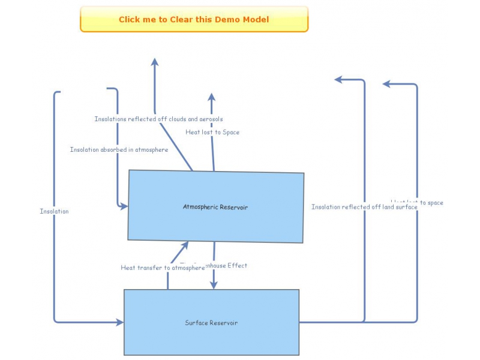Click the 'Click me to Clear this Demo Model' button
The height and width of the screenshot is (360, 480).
[x=194, y=19]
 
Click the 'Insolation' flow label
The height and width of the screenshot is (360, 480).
[x=54, y=211]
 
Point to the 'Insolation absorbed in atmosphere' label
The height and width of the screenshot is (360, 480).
[x=119, y=149]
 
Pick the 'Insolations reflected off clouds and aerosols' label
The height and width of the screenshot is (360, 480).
[x=158, y=119]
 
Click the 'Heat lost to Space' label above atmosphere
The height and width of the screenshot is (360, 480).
[x=212, y=132]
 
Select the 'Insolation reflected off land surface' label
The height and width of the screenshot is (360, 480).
[x=364, y=207]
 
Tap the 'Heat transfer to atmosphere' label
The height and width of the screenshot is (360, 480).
[x=163, y=268]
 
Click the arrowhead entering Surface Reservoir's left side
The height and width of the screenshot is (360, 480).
[x=119, y=322]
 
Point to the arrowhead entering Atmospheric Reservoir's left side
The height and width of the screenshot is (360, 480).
[x=124, y=206]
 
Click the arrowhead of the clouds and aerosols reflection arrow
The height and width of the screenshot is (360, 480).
[x=155, y=62]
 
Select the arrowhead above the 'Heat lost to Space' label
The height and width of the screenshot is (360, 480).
[x=211, y=97]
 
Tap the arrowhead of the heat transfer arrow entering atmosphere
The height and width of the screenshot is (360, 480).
[x=185, y=245]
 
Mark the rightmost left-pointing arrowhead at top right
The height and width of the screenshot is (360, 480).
[x=387, y=84]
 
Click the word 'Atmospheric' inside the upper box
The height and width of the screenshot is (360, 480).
[x=203, y=207]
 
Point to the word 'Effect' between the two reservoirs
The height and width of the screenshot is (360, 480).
[x=237, y=265]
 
